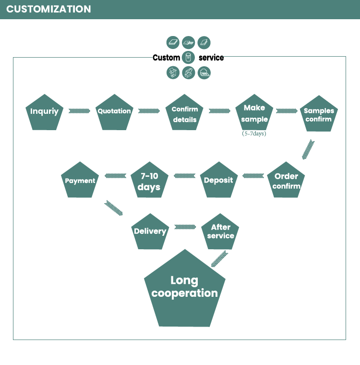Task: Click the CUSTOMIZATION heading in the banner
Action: pos(48,9)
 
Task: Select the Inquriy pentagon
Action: pos(45,112)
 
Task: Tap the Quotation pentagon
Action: pos(114,112)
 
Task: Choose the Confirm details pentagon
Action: pos(184,112)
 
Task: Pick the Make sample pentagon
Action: pos(254,112)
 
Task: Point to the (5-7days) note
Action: pos(254,134)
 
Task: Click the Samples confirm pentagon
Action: pos(319,114)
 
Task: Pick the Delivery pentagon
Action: pos(150,231)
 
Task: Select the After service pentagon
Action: pos(220,231)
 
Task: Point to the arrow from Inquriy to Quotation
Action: pos(79,111)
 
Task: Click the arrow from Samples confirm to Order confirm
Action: pos(308,149)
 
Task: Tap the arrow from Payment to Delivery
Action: pos(113,207)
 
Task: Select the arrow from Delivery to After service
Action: pos(185,227)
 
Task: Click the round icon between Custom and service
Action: pos(188,57)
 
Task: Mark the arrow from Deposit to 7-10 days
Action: pos(184,176)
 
